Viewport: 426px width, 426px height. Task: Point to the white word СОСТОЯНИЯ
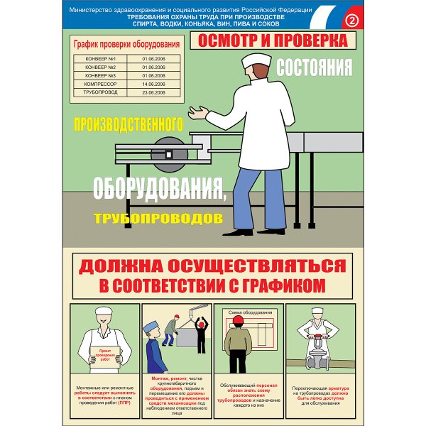314,68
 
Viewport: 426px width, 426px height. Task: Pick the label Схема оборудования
248,311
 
